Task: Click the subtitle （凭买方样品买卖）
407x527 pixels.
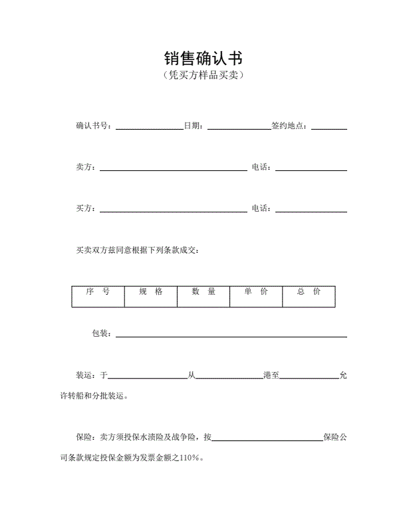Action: pos(203,76)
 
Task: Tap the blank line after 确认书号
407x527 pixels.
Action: pos(149,128)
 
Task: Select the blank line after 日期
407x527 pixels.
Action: pos(238,128)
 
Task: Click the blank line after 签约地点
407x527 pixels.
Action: pos(329,128)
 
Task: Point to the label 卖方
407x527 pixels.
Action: pos(86,167)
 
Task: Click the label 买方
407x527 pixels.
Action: pos(86,209)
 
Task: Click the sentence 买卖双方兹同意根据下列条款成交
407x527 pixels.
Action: pos(137,251)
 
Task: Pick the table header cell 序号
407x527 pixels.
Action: pos(98,292)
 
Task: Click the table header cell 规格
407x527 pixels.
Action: pos(150,292)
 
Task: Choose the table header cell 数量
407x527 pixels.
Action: pos(203,292)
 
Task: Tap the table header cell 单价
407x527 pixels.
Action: pos(255,292)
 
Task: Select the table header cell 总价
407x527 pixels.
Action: pos(308,292)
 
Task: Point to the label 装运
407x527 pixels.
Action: pos(86,375)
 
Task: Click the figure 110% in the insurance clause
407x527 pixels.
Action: pos(189,458)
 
